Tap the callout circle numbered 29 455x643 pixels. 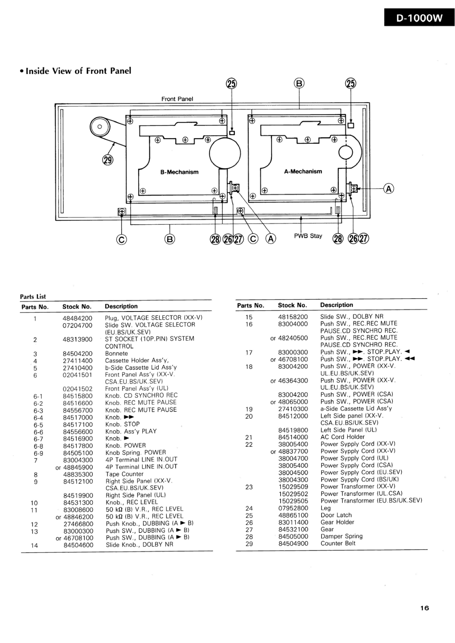(x=108, y=160)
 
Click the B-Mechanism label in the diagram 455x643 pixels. (x=179, y=172)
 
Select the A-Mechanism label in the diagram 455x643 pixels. (x=303, y=171)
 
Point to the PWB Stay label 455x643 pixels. (x=308, y=235)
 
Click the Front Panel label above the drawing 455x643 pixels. (x=177, y=99)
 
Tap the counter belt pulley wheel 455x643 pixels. (x=100, y=127)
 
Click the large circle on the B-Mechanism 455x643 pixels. (x=225, y=153)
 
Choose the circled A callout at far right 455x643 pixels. (x=389, y=188)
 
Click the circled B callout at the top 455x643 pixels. (x=299, y=83)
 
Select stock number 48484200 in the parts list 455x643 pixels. (x=78, y=318)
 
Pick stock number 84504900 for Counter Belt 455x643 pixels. (x=293, y=543)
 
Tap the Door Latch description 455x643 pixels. (x=336, y=515)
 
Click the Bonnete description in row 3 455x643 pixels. (x=117, y=353)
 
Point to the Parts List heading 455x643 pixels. (x=33, y=297)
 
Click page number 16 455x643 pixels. (x=424, y=608)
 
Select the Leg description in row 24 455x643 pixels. (x=326, y=508)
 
